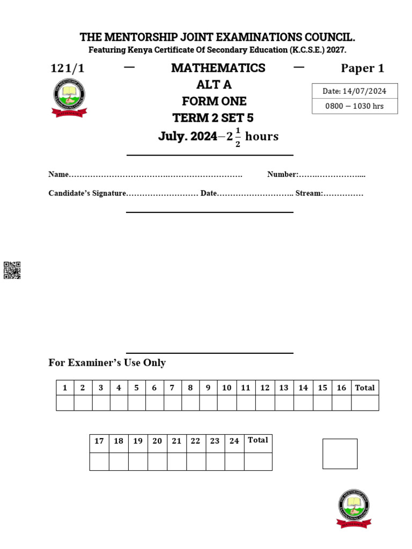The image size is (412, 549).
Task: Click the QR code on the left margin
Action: (x=12, y=270)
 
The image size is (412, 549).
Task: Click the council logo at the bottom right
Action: (x=354, y=508)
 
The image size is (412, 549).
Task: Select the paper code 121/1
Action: (x=67, y=68)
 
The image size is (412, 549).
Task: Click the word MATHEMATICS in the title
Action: (x=218, y=68)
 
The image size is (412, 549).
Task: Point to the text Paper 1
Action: (x=363, y=68)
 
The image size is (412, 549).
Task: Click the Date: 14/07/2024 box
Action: (x=355, y=91)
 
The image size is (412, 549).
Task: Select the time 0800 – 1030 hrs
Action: (x=355, y=106)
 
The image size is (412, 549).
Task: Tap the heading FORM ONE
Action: (x=214, y=101)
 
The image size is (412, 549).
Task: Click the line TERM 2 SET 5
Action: (x=212, y=118)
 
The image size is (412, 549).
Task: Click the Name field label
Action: (x=58, y=174)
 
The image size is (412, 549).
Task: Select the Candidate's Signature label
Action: (x=87, y=193)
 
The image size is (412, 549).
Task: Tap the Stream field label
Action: (x=308, y=193)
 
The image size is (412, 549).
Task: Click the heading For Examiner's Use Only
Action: (x=107, y=362)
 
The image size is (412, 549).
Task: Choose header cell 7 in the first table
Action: (x=172, y=388)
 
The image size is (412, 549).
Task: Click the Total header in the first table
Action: (x=365, y=388)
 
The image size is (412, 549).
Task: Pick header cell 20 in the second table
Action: (x=157, y=441)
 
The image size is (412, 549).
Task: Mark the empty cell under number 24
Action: (x=234, y=461)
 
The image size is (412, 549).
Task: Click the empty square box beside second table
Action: (x=340, y=454)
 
